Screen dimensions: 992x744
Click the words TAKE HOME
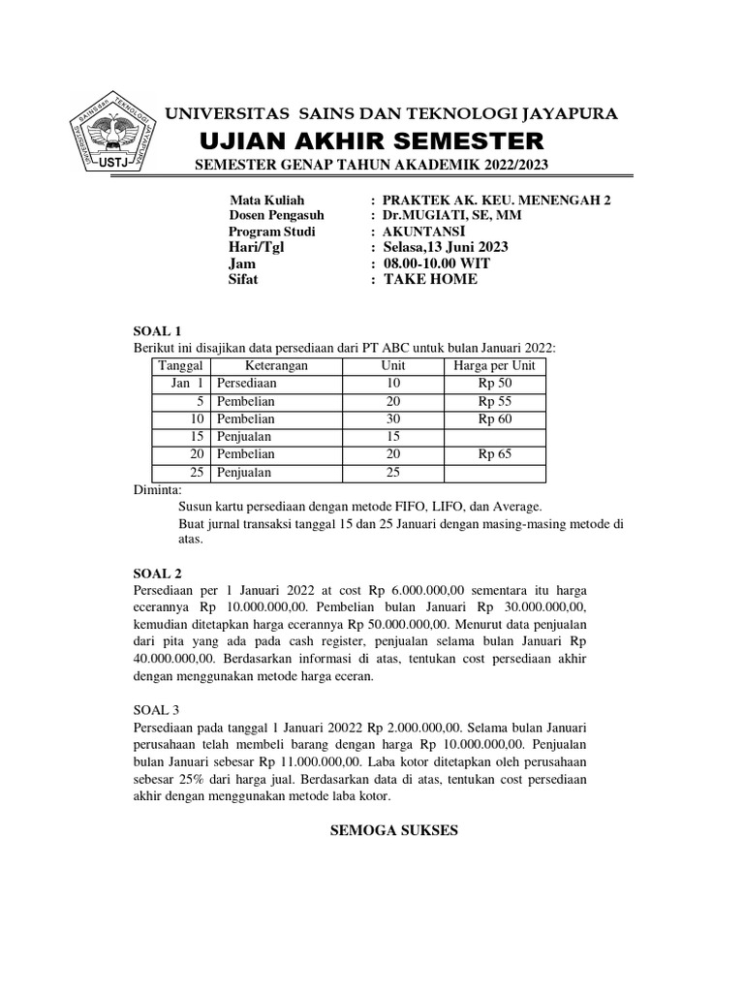coord(431,280)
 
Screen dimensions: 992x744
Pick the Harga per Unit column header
coord(494,365)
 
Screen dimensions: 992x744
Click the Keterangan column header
coord(276,365)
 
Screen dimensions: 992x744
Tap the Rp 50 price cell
coord(494,384)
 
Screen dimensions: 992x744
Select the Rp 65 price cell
coord(494,455)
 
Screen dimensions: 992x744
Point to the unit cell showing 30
coord(393,419)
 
